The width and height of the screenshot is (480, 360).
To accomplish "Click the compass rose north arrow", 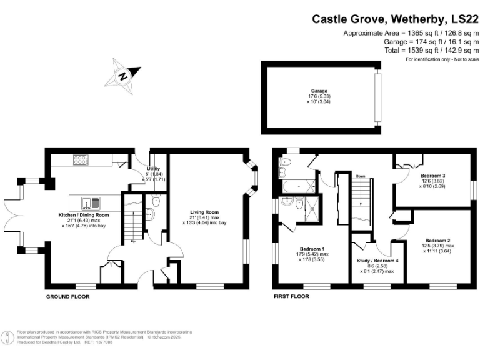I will click(124, 76).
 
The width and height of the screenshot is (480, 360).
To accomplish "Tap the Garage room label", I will click(319, 91).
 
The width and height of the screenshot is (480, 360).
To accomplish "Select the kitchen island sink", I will click(96, 202).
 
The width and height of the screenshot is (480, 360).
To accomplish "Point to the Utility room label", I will click(153, 169).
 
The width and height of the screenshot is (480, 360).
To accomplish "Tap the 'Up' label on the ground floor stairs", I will click(133, 241).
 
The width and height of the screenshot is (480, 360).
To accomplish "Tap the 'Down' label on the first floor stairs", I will click(360, 177).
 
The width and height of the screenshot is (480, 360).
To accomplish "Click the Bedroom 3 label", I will click(432, 175).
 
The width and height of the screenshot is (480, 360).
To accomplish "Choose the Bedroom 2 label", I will click(437, 241).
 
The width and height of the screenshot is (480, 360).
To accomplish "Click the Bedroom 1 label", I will click(310, 248).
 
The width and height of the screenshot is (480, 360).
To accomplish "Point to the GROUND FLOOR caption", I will click(67, 296).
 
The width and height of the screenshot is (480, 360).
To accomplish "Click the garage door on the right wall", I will click(376, 98).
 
